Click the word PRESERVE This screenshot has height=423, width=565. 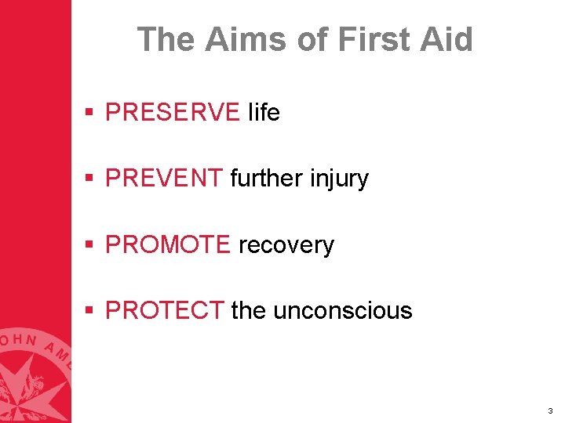coord(172,113)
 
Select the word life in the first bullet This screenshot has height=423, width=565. coord(264,113)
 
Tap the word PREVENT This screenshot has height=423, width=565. coord(163,179)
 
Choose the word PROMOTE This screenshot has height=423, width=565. coord(167,245)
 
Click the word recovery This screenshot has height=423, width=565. coord(286,246)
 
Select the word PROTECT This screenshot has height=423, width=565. coord(164,311)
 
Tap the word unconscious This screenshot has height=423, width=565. coord(343,311)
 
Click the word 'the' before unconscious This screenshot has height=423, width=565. coord(249,311)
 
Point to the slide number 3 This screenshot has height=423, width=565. coord(550,410)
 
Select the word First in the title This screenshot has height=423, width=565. coord(368,39)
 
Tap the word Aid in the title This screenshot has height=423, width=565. coord(447,39)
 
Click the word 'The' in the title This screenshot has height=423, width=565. coord(166,39)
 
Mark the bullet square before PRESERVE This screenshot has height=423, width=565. coord(91,114)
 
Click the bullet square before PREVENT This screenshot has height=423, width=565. coord(91,179)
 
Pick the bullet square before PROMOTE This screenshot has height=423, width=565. coord(91,245)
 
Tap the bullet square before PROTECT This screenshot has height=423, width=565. coord(91,311)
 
